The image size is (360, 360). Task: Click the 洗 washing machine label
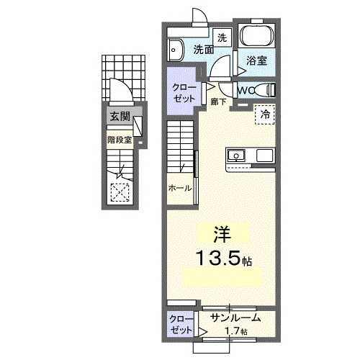222,37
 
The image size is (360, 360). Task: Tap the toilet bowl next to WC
269,89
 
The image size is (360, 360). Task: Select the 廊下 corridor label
219,102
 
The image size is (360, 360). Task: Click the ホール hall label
180,188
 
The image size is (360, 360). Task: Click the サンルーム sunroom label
235,318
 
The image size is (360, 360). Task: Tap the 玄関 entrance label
119,115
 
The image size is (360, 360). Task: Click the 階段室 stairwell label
119,139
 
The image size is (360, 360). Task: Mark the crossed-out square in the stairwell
120,192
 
